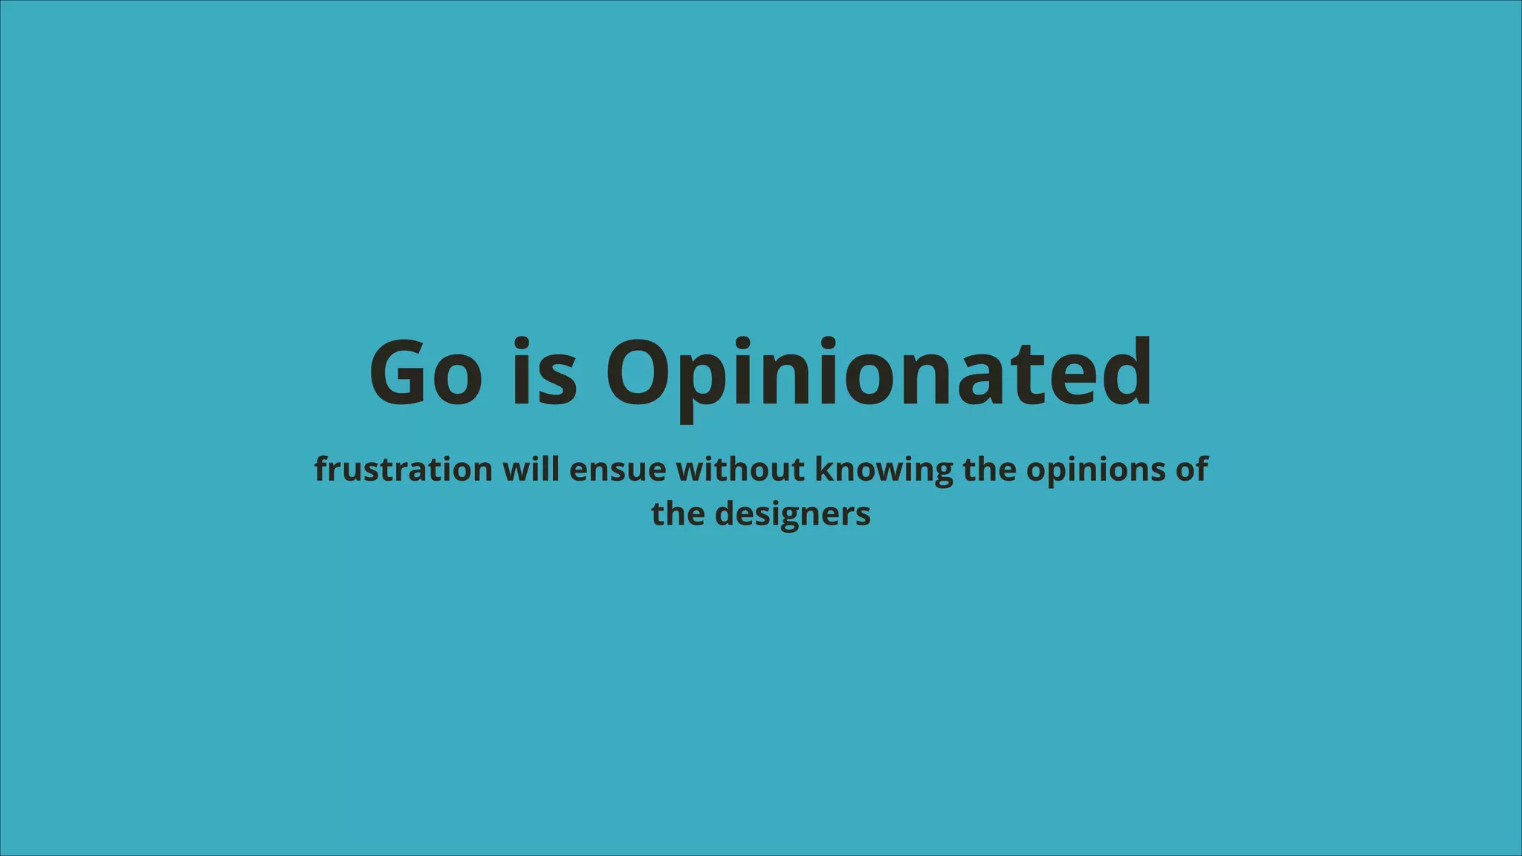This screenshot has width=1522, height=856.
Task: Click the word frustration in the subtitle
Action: [x=403, y=470]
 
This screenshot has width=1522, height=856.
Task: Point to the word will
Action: [x=531, y=470]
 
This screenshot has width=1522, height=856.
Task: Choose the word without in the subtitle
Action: [x=740, y=470]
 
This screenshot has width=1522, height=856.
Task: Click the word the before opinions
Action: [x=989, y=470]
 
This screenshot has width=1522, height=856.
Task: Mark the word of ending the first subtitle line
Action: [x=1192, y=470]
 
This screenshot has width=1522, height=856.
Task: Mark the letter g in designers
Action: [x=794, y=517]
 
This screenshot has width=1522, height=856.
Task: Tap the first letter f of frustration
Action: [x=321, y=469]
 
